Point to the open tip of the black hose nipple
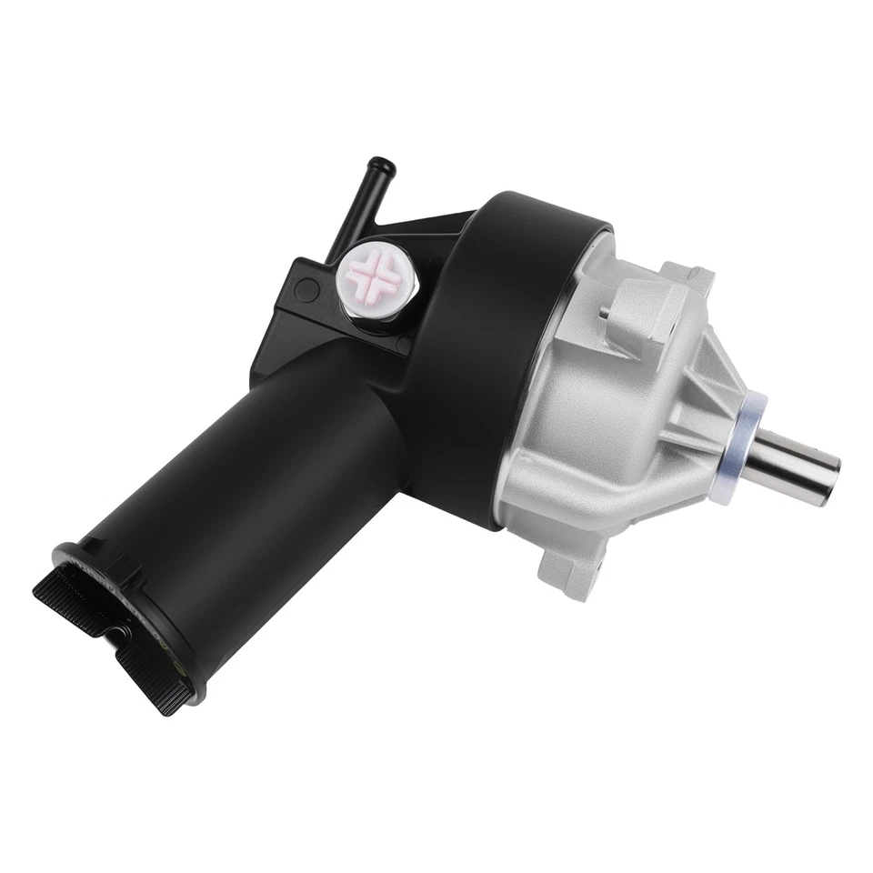click(x=381, y=166)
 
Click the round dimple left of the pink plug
click(x=306, y=290)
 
